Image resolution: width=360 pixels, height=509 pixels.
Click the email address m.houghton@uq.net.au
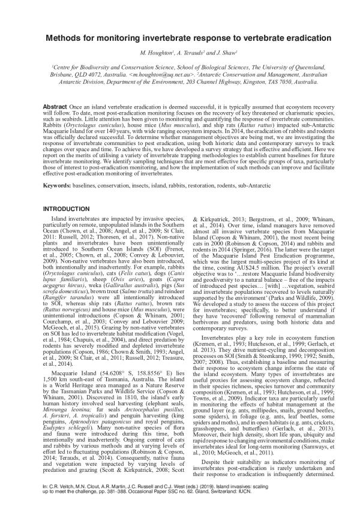pos(164,77)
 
